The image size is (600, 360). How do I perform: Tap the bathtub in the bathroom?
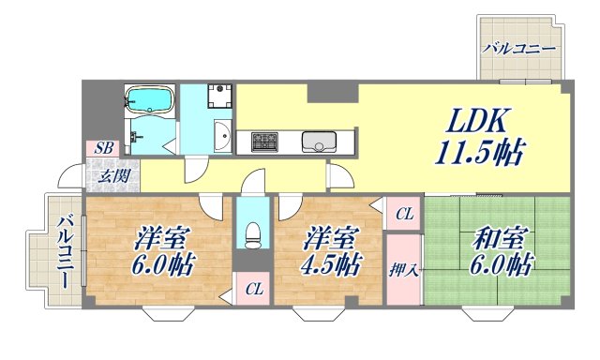[x=150, y=100]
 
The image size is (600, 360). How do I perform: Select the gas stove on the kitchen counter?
[x=262, y=142]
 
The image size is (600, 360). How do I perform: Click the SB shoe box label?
[x=102, y=147]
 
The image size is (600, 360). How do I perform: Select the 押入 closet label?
[x=402, y=270]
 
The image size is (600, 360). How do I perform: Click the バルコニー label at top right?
[x=518, y=49]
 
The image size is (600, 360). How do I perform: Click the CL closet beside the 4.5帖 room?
[x=403, y=215]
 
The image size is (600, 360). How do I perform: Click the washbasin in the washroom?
[x=221, y=138]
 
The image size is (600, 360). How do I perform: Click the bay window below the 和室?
[x=492, y=314]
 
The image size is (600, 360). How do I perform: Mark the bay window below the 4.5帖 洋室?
[x=319, y=314]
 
